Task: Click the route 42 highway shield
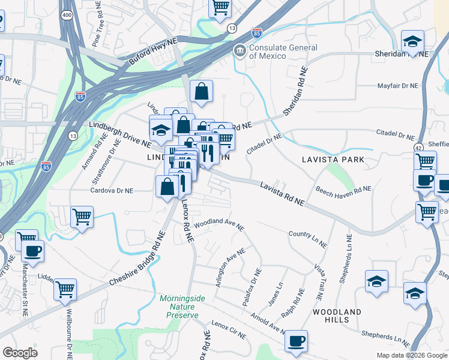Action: (x=418, y=146)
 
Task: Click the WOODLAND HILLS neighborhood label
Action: (x=337, y=316)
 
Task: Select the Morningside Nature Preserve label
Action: (x=182, y=306)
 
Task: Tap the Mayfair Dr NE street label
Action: (x=397, y=86)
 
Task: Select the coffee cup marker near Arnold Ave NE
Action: (x=296, y=341)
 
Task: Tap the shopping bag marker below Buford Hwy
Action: (x=202, y=91)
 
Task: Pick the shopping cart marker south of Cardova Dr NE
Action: (x=82, y=216)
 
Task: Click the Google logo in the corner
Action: (x=20, y=353)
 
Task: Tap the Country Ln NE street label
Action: (x=307, y=239)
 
